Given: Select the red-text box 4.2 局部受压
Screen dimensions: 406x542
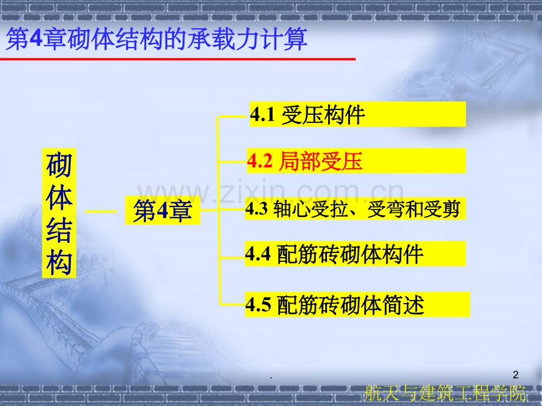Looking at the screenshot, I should (x=356, y=161).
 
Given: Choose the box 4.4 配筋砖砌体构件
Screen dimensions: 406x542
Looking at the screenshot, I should (x=356, y=254).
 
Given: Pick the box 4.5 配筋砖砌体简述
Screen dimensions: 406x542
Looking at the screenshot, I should (x=357, y=305).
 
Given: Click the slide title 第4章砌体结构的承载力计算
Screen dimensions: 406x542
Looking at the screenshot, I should (x=156, y=41).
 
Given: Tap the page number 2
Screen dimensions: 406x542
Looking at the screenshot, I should (x=516, y=374).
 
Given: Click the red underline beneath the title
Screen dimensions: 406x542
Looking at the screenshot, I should (x=180, y=59).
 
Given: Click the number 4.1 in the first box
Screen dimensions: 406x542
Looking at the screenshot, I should (x=263, y=115).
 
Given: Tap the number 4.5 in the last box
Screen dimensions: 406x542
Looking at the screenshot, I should (x=258, y=305).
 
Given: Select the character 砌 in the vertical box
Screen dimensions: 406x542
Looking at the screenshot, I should (x=59, y=165).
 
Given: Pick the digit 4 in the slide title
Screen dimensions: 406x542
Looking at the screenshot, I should (x=36, y=41).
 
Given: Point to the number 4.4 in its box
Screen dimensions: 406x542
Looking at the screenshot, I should (x=258, y=254).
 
